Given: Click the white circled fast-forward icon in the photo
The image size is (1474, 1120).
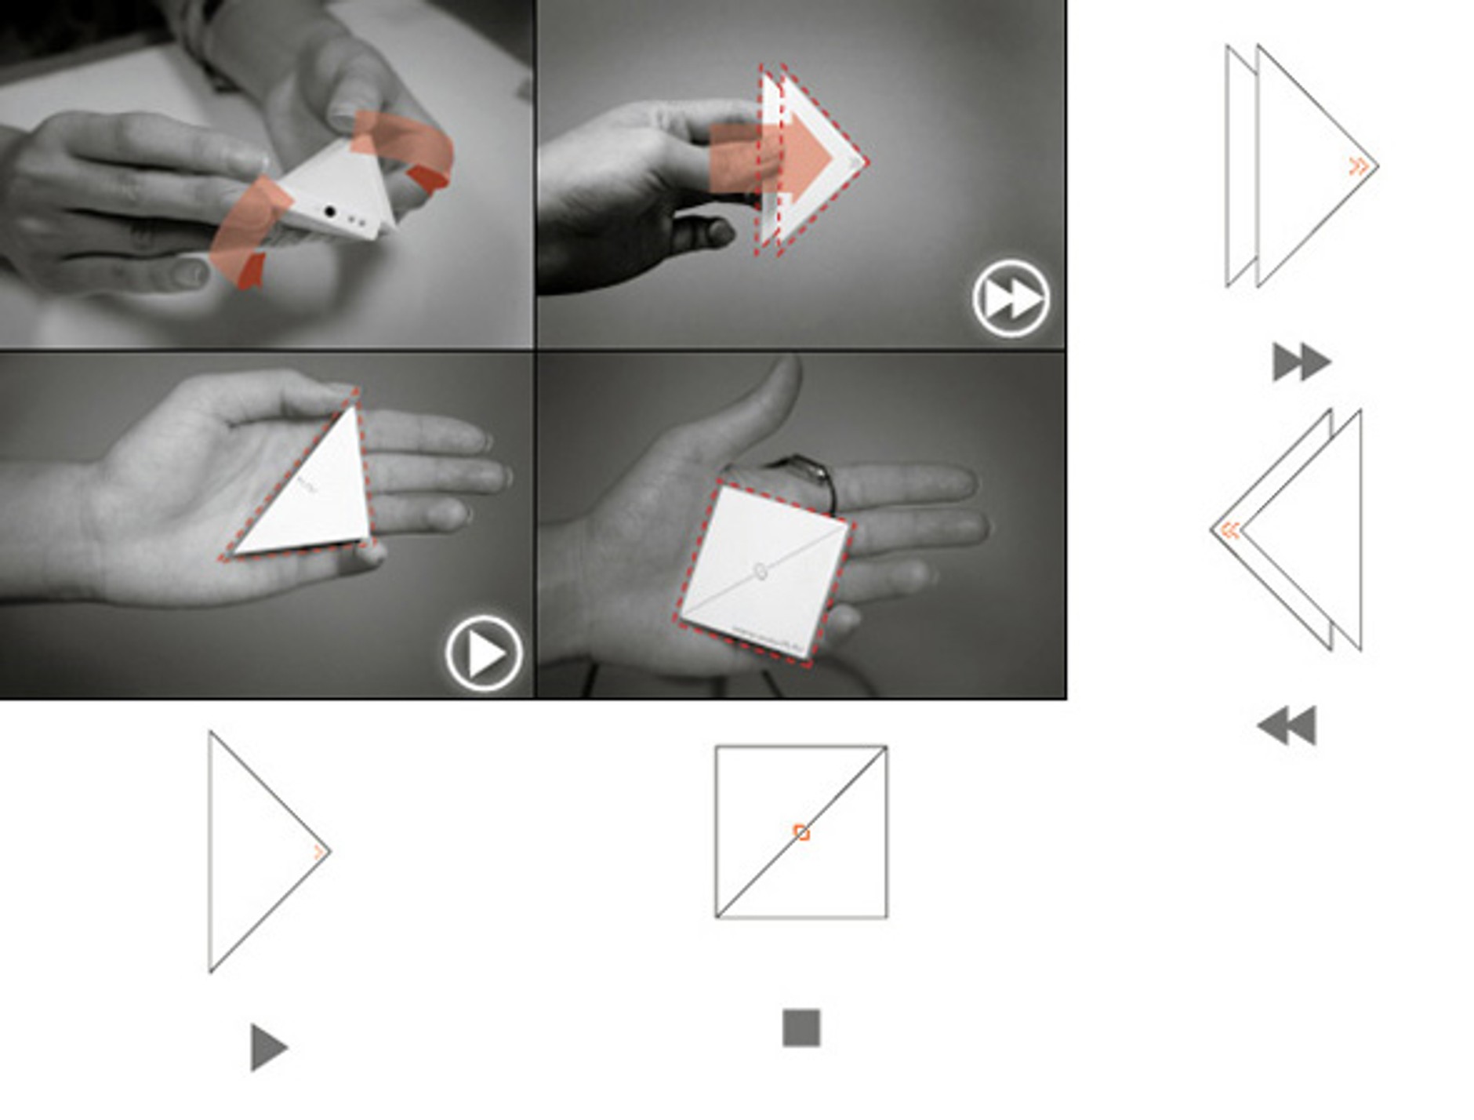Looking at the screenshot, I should coord(1011,298).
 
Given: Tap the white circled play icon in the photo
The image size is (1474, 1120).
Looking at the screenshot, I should coord(484,653).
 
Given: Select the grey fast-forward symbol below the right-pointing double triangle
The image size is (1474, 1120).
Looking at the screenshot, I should coord(1301,362).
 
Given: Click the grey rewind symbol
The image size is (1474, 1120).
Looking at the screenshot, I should coord(1287,725).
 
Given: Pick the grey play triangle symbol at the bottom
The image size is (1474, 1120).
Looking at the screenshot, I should coord(267,1046).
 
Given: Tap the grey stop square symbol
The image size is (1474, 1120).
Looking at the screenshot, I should coord(801,1027).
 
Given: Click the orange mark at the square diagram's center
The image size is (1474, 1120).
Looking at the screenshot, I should coord(801,832).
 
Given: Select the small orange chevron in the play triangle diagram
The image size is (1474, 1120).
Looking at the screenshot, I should coord(318,852).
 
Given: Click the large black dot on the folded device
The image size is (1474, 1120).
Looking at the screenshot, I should coord(330,212).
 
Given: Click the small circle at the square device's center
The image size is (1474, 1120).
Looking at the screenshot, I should coord(760,571).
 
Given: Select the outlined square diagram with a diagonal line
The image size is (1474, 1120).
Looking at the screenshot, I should coord(801,832).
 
